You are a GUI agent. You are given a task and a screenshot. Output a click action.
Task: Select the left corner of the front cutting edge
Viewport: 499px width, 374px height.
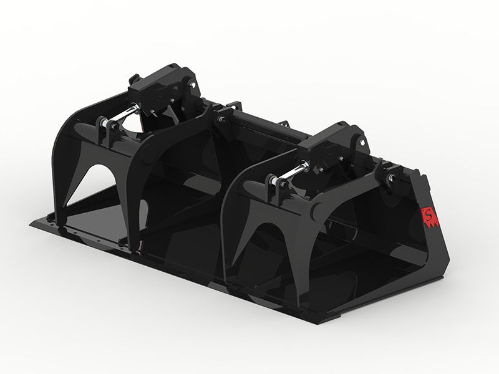click(31, 221)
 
